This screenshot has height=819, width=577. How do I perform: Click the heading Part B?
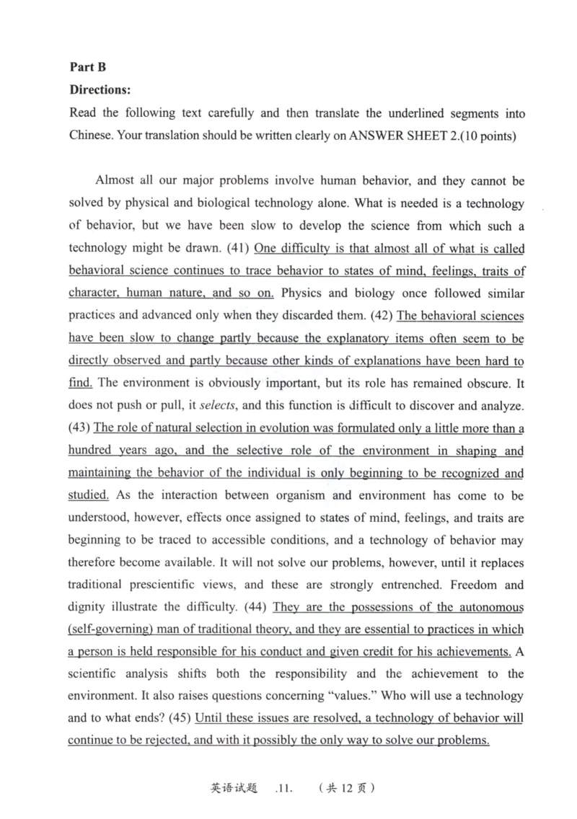point(87,67)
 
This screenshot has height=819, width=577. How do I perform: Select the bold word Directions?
point(100,90)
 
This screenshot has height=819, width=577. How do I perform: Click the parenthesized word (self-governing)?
point(113,629)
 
